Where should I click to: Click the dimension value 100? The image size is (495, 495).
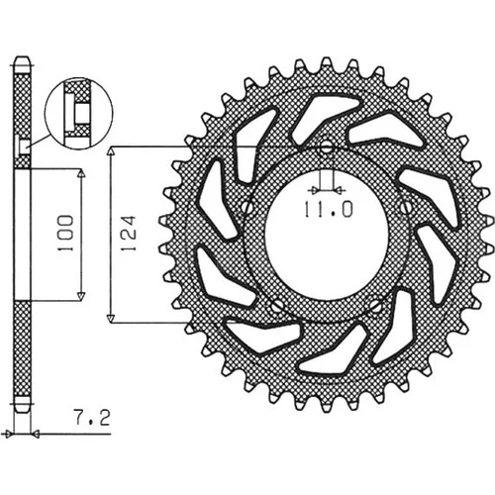(x=65, y=233)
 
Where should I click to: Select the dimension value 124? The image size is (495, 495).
(x=129, y=233)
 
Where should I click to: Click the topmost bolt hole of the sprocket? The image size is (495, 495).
(x=327, y=148)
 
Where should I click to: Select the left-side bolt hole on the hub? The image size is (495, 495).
(x=247, y=207)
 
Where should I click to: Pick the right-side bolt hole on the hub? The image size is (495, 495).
(x=406, y=207)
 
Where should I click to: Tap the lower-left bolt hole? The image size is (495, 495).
(x=278, y=306)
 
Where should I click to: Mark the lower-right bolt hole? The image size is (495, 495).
(x=375, y=306)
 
